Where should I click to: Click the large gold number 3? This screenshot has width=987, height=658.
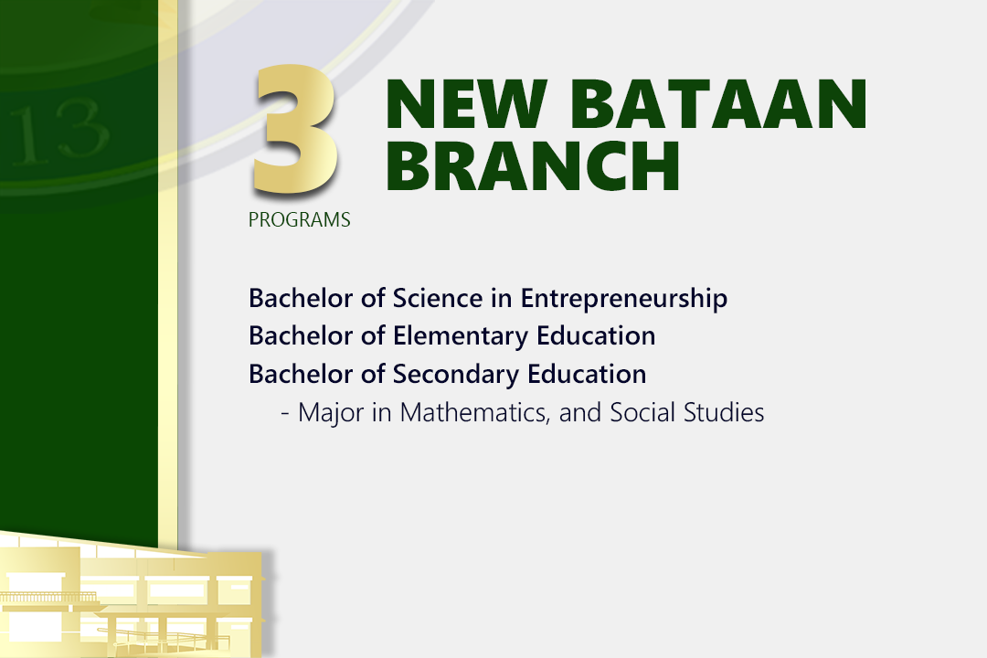294,129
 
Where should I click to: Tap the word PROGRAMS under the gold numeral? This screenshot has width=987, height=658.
299,219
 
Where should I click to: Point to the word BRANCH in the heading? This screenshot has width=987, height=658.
533,165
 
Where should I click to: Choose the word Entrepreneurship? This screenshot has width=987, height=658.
624,299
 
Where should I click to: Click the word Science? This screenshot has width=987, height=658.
438,298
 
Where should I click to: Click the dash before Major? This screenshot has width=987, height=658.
285,415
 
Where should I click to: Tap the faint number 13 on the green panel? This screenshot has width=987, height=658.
59,131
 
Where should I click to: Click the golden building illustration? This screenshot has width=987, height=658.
133,595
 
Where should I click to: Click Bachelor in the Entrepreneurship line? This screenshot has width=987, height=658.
301,298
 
